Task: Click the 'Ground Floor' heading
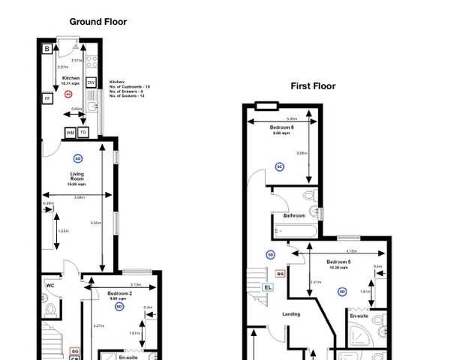pyautogui.click(x=98, y=22)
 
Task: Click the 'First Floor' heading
pyautogui.click(x=313, y=86)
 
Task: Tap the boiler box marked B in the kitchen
pyautogui.click(x=47, y=49)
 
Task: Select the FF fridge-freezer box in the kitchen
pyautogui.click(x=47, y=98)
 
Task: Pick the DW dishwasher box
pyautogui.click(x=91, y=82)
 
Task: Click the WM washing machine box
pyautogui.click(x=71, y=133)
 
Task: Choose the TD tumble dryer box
pyautogui.click(x=83, y=133)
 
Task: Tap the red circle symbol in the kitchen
pyautogui.click(x=68, y=94)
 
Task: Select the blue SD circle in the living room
pyautogui.click(x=77, y=158)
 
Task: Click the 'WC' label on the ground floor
pyautogui.click(x=50, y=286)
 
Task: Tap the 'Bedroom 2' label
pyautogui.click(x=119, y=294)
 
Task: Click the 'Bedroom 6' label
pyautogui.click(x=281, y=128)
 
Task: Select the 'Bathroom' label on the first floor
pyautogui.click(x=293, y=216)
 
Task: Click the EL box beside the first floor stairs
pyautogui.click(x=268, y=286)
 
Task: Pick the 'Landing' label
pyautogui.click(x=290, y=314)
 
